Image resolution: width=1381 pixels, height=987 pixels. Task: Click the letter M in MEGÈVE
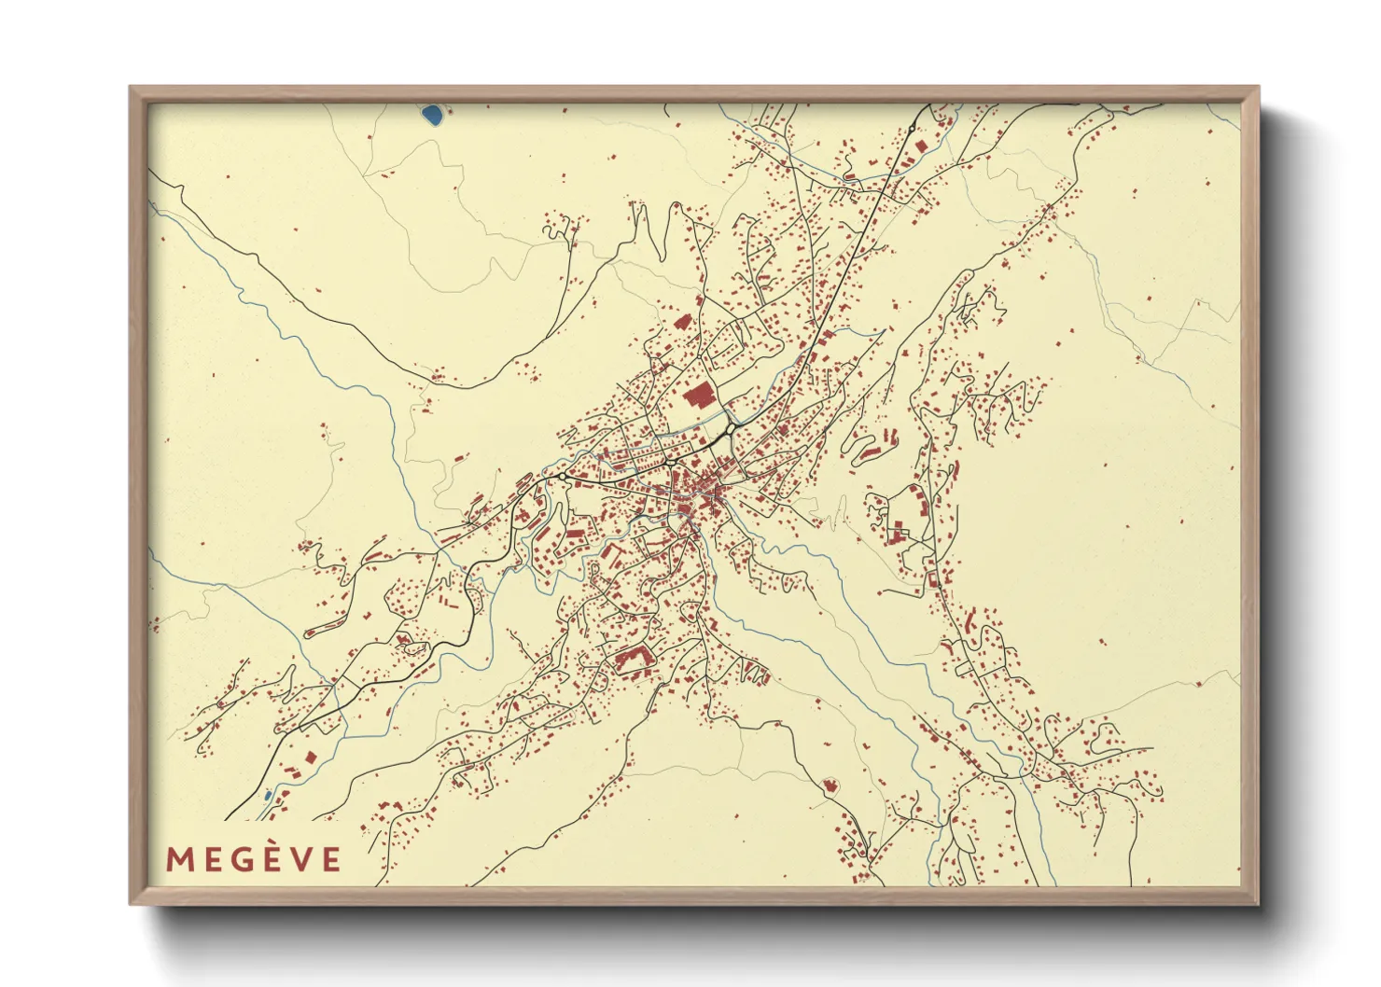click(x=179, y=859)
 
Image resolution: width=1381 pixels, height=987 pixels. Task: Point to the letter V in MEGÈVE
click(x=301, y=859)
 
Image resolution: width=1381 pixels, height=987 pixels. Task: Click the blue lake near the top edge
click(x=432, y=116)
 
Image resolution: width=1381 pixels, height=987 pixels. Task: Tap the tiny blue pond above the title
click(x=268, y=795)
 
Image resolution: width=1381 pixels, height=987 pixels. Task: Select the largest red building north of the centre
click(x=698, y=396)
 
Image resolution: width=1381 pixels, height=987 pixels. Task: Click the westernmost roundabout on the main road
click(x=564, y=477)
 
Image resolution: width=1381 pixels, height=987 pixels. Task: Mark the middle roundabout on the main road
click(x=670, y=462)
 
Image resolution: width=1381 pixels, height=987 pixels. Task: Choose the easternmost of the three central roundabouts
click(x=732, y=427)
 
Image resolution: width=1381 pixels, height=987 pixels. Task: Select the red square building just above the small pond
click(x=291, y=773)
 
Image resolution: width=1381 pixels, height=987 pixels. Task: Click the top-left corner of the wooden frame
click(x=131, y=88)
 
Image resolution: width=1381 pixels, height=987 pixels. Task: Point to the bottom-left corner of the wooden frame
click(x=131, y=904)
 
